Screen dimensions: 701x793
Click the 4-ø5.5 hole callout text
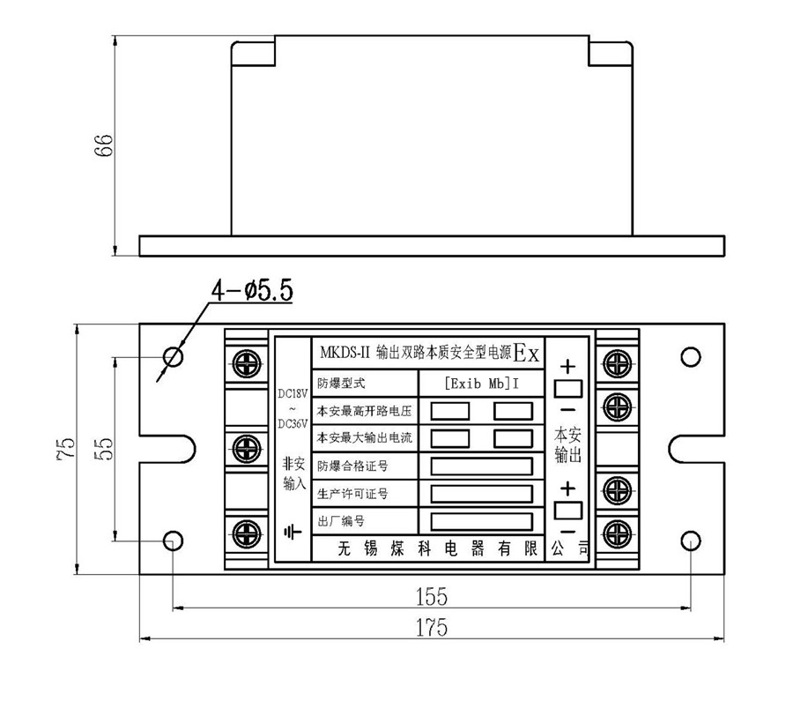pyautogui.click(x=250, y=291)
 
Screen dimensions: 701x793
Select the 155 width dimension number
pyautogui.click(x=431, y=597)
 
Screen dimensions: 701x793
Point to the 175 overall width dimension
pyautogui.click(x=431, y=628)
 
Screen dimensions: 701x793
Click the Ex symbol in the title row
pyautogui.click(x=527, y=354)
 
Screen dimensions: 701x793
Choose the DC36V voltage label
pyautogui.click(x=292, y=422)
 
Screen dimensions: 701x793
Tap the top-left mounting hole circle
pyautogui.click(x=174, y=356)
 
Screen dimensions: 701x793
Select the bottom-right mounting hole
pyautogui.click(x=691, y=540)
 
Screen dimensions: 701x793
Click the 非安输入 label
pyautogui.click(x=293, y=474)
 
